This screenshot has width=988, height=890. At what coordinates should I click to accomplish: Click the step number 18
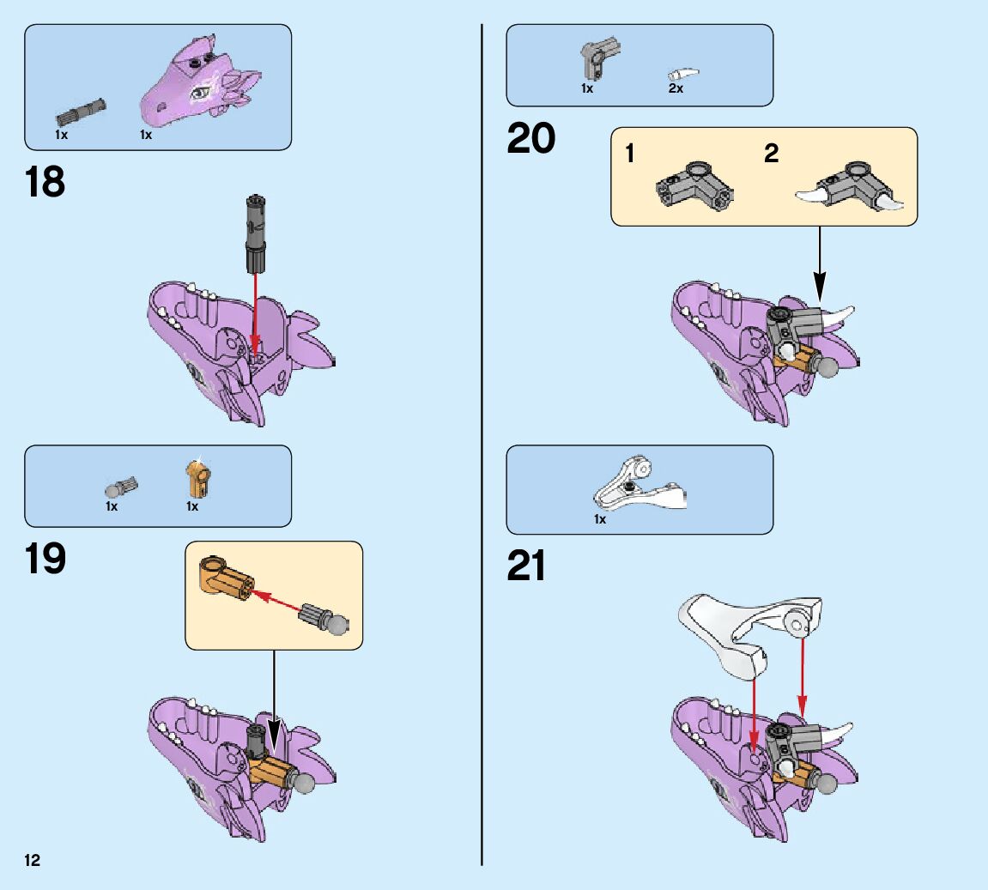pyautogui.click(x=45, y=183)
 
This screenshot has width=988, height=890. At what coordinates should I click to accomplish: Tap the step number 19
pyautogui.click(x=45, y=560)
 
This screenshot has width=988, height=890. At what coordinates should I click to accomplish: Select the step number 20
pyautogui.click(x=530, y=139)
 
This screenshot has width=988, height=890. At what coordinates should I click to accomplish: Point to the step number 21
pyautogui.click(x=526, y=566)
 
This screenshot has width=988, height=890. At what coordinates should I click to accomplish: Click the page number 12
pyautogui.click(x=33, y=860)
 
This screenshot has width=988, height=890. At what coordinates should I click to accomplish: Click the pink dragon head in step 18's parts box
pyautogui.click(x=198, y=82)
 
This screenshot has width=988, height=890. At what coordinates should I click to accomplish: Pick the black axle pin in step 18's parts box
pyautogui.click(x=81, y=111)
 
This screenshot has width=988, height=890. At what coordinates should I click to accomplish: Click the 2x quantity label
pyautogui.click(x=676, y=88)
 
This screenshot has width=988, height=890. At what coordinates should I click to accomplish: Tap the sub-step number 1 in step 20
pyautogui.click(x=630, y=154)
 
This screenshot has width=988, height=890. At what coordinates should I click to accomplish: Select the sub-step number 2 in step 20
pyautogui.click(x=771, y=154)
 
